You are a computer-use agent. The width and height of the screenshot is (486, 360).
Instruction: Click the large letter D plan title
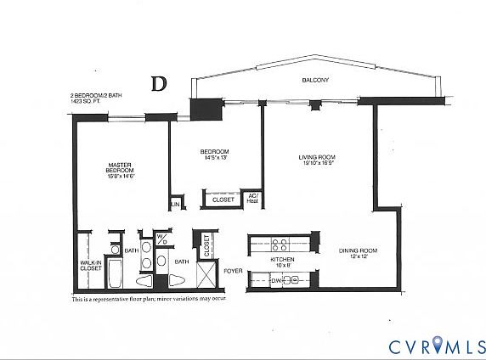(x=158, y=83)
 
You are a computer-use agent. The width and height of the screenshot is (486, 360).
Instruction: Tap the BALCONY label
(x=315, y=80)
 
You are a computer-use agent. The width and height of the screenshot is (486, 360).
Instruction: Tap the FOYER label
(x=232, y=272)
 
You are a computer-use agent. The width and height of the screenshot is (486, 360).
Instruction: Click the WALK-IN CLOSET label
(x=91, y=266)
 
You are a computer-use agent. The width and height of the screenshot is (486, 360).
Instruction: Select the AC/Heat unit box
(x=252, y=199)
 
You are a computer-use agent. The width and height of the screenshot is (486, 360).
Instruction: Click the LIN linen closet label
(x=175, y=205)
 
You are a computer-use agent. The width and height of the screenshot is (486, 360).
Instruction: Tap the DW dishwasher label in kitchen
(x=276, y=280)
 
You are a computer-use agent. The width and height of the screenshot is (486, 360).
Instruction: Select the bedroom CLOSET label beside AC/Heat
(x=223, y=200)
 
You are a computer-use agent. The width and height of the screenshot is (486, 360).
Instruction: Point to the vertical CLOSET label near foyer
(x=206, y=244)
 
